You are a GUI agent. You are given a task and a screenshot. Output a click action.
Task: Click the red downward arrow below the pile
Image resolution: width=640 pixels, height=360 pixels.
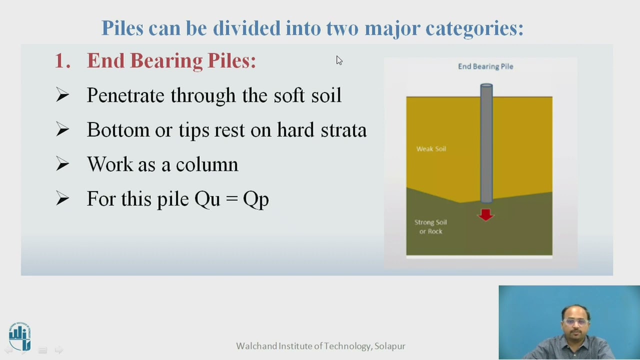pos(485,214)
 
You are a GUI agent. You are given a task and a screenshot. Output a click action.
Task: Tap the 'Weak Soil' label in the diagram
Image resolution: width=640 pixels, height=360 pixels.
pos(431,149)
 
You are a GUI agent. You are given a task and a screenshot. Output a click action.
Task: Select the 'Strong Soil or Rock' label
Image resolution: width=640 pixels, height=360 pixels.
pos(430,226)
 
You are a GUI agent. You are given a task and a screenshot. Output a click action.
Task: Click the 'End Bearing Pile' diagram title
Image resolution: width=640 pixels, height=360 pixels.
pos(485,66)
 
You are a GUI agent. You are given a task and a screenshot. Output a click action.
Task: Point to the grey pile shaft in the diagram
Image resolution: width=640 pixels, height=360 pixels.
pos(486,145)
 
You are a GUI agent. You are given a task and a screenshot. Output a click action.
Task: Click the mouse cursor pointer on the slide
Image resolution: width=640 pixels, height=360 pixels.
pos(338,60)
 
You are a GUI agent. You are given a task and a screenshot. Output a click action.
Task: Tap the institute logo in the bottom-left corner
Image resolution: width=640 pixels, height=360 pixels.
pos(19,336)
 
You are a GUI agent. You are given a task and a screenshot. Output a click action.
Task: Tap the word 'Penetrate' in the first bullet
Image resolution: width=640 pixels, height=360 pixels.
pos(125,95)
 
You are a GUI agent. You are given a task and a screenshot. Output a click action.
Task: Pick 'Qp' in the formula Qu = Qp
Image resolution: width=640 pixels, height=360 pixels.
pos(256,199)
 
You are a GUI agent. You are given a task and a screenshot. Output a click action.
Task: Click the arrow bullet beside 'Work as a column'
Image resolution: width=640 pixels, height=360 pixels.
pos(62,164)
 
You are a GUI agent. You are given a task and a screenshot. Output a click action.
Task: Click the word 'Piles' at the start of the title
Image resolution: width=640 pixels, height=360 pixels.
pos(122,28)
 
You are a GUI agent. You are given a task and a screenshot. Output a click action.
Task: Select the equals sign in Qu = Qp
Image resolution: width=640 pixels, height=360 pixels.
pos(231,199)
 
